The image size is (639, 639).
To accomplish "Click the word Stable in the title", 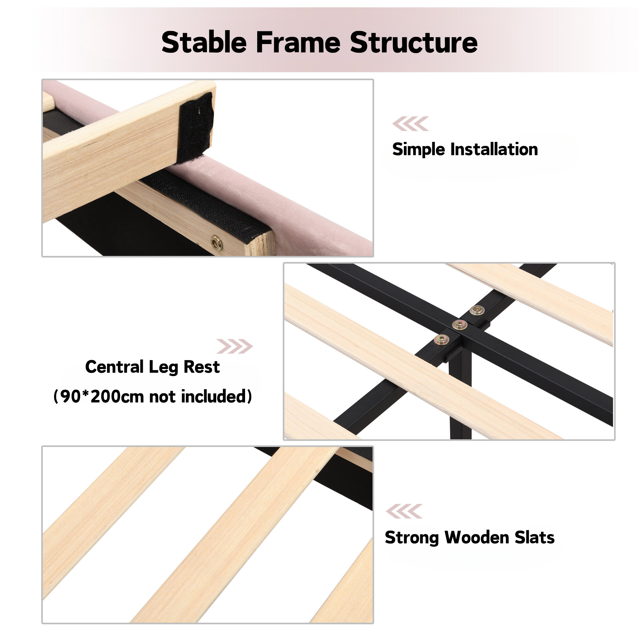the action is click(x=204, y=42).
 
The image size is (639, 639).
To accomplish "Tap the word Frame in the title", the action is click(x=298, y=42).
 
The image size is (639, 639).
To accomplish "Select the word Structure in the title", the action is click(x=414, y=42).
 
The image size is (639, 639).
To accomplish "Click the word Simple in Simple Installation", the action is click(x=419, y=150).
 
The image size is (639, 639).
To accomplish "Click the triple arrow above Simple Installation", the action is click(x=411, y=124).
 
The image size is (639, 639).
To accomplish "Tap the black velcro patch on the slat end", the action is click(x=195, y=127).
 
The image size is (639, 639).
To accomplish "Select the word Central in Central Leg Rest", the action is click(x=114, y=367).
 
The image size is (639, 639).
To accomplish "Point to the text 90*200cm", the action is click(x=103, y=396).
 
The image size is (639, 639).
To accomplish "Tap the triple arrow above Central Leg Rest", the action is click(x=235, y=346).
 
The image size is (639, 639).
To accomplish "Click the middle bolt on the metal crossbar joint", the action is click(x=459, y=325).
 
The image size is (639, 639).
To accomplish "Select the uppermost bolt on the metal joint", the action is click(x=477, y=310).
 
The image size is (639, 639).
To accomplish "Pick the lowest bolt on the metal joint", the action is click(x=442, y=339).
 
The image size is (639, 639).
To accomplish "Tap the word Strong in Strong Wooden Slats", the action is click(x=412, y=538).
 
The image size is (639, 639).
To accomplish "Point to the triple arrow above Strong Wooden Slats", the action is click(x=404, y=511).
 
